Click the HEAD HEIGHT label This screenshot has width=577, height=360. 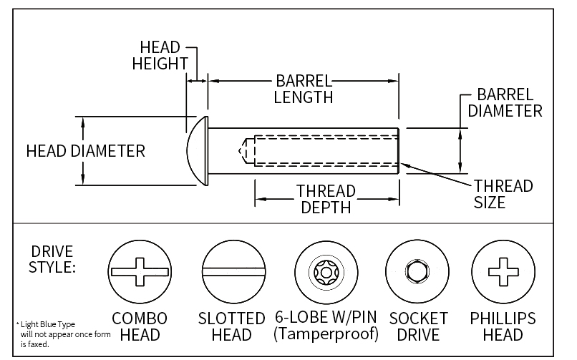pos(160,54)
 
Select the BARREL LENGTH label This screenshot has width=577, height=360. pos(303,89)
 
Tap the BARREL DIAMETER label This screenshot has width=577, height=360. pos(505,103)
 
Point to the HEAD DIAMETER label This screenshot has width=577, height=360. pos(85,151)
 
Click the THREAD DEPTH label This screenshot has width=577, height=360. pos(326,199)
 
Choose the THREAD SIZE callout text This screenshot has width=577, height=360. pos(503,194)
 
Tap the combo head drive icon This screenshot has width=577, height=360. pos(140,272)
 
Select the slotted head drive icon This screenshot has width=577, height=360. pos(231,272)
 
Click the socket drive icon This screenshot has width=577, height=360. pos(414,272)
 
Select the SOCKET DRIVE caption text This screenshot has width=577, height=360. pos(417,326)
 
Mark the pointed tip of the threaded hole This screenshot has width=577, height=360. pos(241,151)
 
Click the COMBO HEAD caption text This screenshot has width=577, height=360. pos(140,326)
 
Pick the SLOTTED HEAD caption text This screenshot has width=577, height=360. pos(231,326)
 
